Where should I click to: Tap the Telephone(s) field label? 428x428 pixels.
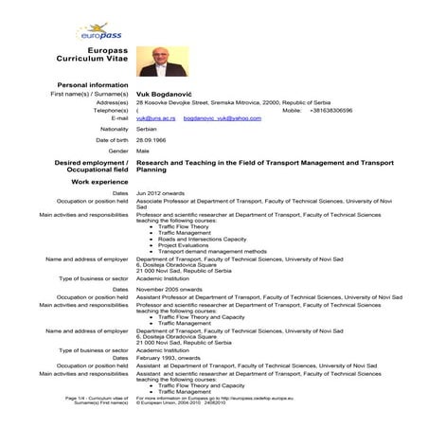pos(107,110)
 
